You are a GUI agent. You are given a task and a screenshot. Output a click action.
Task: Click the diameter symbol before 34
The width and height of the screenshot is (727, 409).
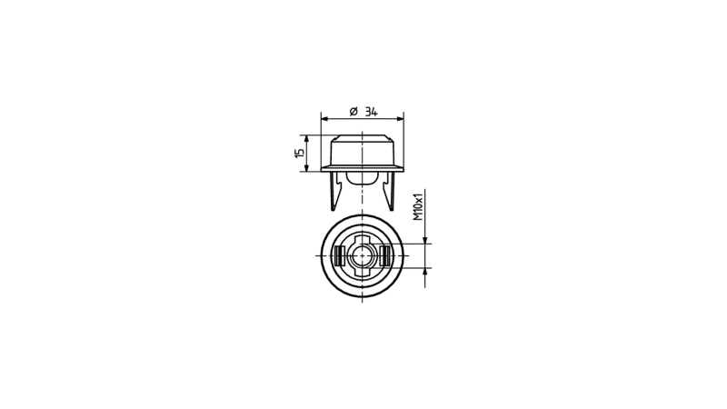(354, 111)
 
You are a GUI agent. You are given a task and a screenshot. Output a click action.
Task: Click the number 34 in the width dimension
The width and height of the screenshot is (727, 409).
(371, 112)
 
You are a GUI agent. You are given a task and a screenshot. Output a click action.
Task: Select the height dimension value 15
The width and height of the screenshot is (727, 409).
(300, 153)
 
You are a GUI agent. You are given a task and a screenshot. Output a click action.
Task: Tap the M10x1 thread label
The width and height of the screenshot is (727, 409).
(419, 205)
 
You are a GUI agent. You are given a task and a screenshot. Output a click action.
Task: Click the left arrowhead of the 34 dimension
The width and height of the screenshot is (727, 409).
(324, 119)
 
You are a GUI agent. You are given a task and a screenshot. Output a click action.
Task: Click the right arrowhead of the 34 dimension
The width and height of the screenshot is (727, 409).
(400, 119)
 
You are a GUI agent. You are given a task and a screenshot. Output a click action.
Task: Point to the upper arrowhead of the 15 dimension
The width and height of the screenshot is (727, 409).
(305, 139)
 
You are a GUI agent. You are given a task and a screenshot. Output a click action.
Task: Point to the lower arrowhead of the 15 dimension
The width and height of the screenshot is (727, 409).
(305, 167)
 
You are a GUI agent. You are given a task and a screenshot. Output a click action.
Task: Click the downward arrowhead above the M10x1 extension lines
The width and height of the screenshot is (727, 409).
(424, 239)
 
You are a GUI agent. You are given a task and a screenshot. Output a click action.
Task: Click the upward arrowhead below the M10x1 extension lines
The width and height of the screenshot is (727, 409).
(424, 272)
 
